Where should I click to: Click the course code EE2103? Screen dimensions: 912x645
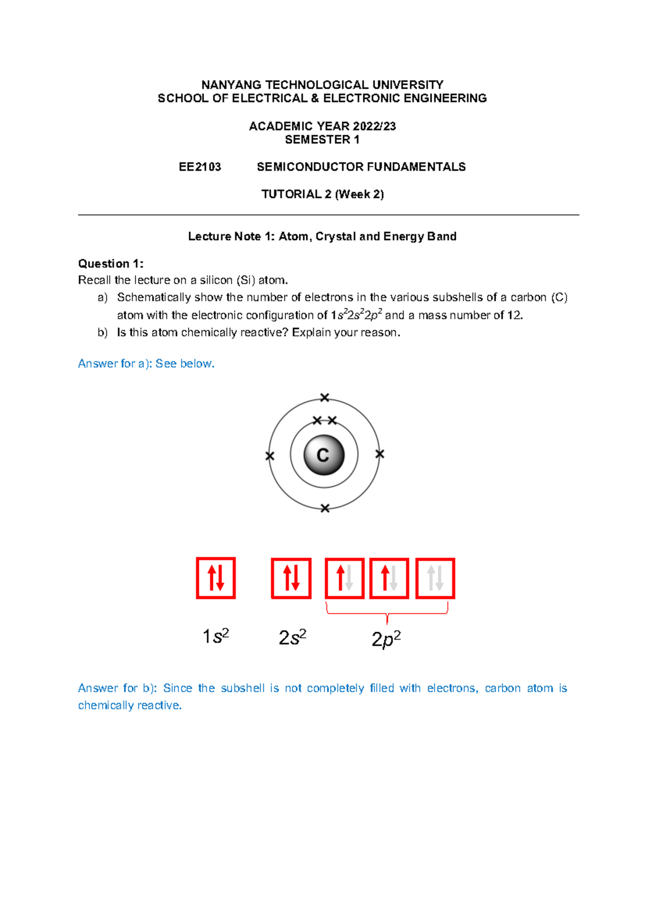[x=199, y=167]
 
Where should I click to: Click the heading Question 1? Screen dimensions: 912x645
[x=111, y=264]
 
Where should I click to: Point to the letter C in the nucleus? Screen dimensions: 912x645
[x=323, y=455]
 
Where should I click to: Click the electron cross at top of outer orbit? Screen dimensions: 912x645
[x=325, y=397]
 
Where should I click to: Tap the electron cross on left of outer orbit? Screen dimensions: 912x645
[x=270, y=456]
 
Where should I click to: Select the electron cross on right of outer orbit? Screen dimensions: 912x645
[x=379, y=454]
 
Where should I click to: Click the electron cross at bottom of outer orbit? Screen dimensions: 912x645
[x=325, y=508]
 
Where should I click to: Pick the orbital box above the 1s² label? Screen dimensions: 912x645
[x=216, y=578]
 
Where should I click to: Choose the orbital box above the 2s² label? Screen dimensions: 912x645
[x=291, y=578]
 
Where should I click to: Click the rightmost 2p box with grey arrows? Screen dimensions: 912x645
[x=435, y=578]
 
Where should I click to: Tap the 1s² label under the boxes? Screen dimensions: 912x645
[x=216, y=636]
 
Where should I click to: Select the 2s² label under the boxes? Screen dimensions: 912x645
[x=292, y=638]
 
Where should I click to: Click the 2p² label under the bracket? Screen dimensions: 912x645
[x=386, y=639]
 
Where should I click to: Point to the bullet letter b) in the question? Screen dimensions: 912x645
[x=103, y=332]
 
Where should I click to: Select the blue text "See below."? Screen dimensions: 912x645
[x=185, y=364]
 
